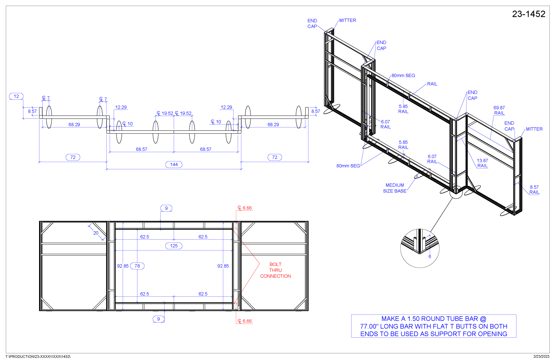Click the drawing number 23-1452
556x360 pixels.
528,14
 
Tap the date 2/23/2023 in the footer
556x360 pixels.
541,356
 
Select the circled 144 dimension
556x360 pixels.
174,164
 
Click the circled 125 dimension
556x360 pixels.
174,246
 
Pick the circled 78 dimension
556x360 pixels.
137,266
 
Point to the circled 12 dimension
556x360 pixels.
16,96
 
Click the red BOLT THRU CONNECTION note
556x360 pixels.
275,270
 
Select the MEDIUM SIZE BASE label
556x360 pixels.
394,188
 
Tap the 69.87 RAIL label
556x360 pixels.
499,110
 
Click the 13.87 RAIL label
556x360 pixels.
482,163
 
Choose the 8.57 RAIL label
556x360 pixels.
534,190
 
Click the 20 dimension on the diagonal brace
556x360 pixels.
96,233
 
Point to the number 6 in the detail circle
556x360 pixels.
429,256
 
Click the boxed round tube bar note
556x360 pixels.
434,326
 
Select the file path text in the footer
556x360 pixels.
38,356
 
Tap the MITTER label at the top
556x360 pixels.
347,20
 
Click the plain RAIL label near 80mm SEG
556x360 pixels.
432,84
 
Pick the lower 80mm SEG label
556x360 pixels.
348,166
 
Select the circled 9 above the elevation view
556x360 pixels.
166,208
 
